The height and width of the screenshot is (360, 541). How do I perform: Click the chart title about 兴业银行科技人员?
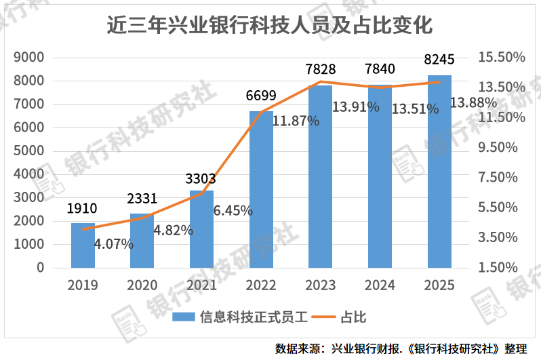click(270, 24)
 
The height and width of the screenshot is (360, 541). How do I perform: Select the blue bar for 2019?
click(83, 245)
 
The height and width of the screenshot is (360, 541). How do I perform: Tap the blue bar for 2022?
click(261, 189)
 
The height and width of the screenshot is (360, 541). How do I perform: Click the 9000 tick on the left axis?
click(29, 58)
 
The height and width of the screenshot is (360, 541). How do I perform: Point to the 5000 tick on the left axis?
click(29, 151)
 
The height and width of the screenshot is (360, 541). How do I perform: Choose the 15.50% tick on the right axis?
click(502, 58)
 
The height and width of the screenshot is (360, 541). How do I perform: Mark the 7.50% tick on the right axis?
click(502, 178)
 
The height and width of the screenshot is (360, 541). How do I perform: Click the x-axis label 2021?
click(201, 285)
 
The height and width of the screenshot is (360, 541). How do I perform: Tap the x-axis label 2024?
click(380, 285)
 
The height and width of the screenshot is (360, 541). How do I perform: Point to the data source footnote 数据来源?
click(401, 348)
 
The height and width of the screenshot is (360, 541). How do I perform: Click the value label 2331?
click(142, 199)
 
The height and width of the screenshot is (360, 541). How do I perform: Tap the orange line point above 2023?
click(320, 82)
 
